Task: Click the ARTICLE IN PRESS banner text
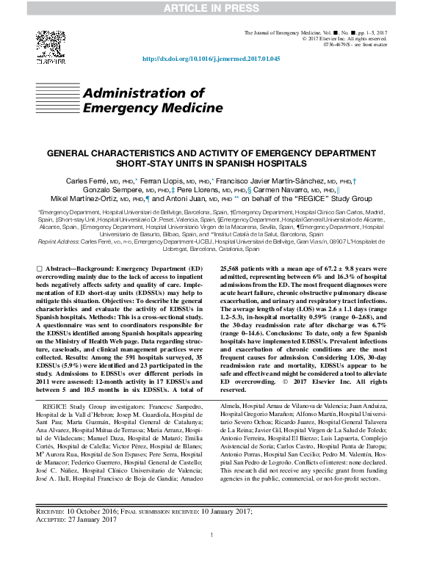coord(211,8)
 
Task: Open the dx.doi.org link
coord(211,59)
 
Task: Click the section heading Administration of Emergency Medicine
coord(153,101)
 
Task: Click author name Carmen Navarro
coord(276,189)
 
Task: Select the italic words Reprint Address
coord(57,242)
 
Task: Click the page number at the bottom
coord(211,536)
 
